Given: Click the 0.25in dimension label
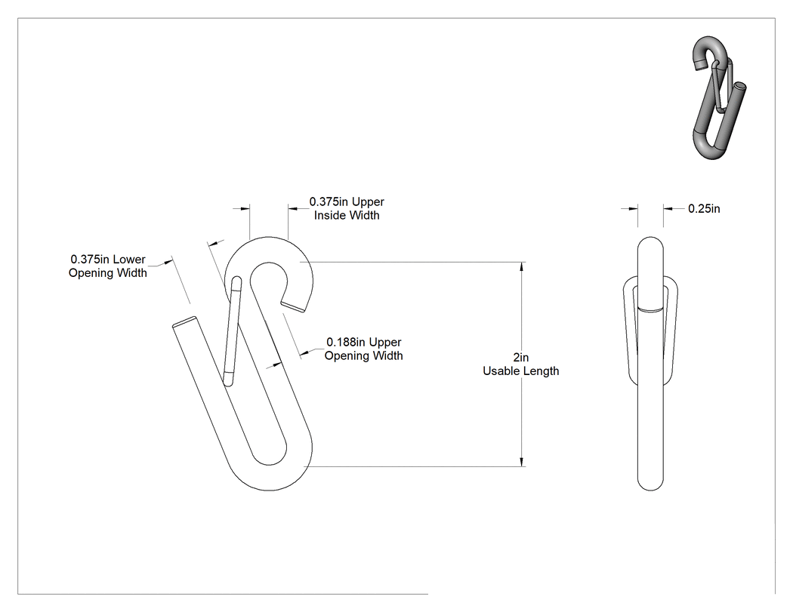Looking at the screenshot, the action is [x=704, y=209].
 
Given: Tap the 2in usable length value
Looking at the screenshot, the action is [x=521, y=357].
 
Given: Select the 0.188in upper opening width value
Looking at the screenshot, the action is [x=346, y=342].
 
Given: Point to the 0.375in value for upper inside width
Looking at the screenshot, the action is [x=329, y=201].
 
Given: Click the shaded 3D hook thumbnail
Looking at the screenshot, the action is [x=719, y=97].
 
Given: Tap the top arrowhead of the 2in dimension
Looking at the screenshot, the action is [x=522, y=266].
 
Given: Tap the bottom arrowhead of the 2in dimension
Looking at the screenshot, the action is [x=522, y=462].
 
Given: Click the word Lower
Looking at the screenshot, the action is [x=129, y=260].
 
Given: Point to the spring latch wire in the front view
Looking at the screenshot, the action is [x=232, y=331].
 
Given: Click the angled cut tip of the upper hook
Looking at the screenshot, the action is [x=293, y=307].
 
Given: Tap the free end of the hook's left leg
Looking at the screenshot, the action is [x=184, y=321].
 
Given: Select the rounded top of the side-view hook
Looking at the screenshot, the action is [x=650, y=244].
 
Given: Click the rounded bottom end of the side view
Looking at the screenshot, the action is [x=650, y=483].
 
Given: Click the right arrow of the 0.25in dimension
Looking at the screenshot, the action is [x=668, y=208].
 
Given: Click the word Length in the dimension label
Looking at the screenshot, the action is [x=541, y=371].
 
